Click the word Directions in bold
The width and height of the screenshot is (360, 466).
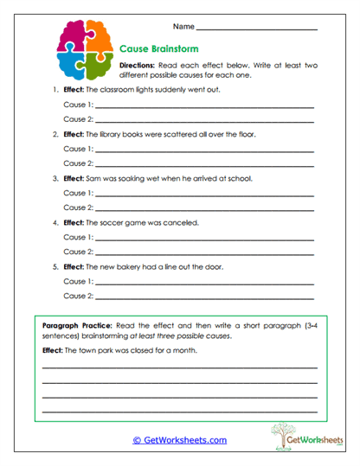click(136, 66)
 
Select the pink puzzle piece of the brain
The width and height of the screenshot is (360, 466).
click(69, 35)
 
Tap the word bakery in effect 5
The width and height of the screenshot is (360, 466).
click(130, 267)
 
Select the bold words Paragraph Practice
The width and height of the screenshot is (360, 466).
click(73, 324)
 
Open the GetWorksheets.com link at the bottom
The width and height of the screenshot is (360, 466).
click(180, 440)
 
